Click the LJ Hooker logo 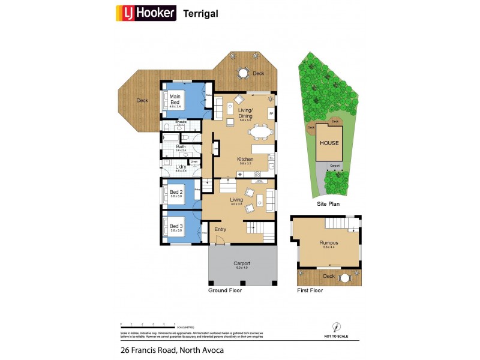[146, 13]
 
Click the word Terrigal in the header [201, 13]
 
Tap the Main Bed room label [175, 99]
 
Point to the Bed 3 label [176, 226]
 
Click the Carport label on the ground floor [242, 263]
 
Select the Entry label [220, 229]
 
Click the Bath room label [181, 146]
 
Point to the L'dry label [181, 167]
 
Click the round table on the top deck [243, 73]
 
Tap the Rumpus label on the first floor [328, 243]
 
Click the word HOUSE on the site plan [329, 143]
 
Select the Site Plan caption [328, 204]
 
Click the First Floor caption [310, 290]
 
